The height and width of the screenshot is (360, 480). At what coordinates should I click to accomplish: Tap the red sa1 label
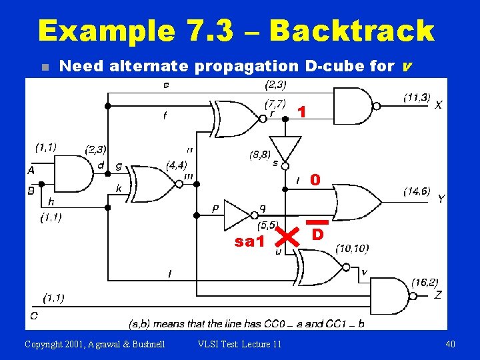click(x=249, y=242)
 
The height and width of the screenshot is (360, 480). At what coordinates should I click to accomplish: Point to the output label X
click(x=438, y=105)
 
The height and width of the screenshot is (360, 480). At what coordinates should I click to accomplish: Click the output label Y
click(x=441, y=199)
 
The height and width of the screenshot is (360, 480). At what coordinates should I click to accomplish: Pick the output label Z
click(x=438, y=295)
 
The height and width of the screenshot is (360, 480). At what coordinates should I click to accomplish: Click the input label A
click(x=31, y=171)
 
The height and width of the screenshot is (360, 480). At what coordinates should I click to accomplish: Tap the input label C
click(x=33, y=314)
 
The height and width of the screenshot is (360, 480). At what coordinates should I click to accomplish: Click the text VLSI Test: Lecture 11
click(x=240, y=344)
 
